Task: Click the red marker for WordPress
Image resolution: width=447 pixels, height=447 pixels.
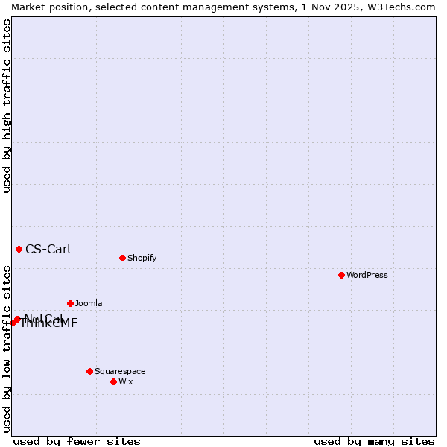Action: pyautogui.click(x=341, y=275)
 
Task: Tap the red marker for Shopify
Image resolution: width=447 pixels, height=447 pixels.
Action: pyautogui.click(x=122, y=258)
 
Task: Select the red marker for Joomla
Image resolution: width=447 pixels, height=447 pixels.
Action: pyautogui.click(x=70, y=303)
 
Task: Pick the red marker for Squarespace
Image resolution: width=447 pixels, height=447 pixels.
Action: pyautogui.click(x=89, y=371)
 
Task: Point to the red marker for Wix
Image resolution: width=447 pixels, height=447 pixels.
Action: pyautogui.click(x=113, y=381)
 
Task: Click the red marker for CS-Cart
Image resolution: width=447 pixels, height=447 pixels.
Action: pyautogui.click(x=19, y=249)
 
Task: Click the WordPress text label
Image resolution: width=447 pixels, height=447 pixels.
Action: pyautogui.click(x=367, y=275)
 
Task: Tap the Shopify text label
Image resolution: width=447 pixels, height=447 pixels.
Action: pyautogui.click(x=142, y=258)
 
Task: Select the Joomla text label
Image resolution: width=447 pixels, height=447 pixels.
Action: pyautogui.click(x=89, y=303)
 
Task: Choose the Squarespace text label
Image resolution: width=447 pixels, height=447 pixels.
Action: pyautogui.click(x=120, y=371)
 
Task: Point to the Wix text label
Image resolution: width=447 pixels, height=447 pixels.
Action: pyautogui.click(x=126, y=381)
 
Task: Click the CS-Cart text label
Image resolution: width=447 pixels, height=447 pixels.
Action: pyautogui.click(x=48, y=249)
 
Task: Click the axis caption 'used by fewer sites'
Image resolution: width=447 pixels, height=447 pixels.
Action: pyautogui.click(x=77, y=441)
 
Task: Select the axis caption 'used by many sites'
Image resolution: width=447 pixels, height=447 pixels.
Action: pyautogui.click(x=374, y=441)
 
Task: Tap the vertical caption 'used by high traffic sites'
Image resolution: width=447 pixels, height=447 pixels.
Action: pyautogui.click(x=7, y=106)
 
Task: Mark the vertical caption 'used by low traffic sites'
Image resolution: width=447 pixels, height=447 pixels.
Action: pyautogui.click(x=7, y=349)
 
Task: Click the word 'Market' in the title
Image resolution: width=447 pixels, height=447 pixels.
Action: pyautogui.click(x=28, y=7)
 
